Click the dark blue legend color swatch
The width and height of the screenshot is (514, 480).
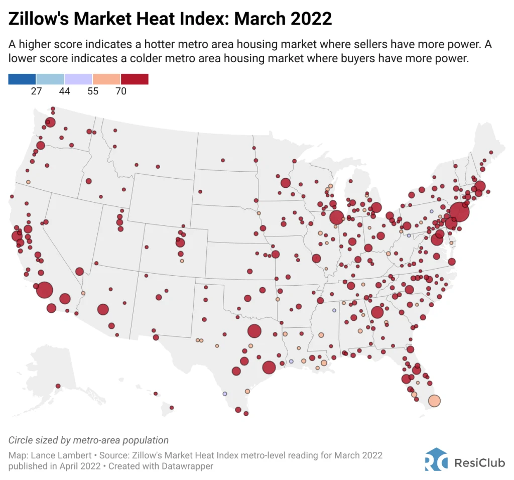click(22, 79)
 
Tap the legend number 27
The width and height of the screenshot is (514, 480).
click(36, 91)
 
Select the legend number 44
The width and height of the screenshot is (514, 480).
click(64, 91)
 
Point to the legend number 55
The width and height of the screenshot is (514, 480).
click(92, 91)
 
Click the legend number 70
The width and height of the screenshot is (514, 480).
click(120, 91)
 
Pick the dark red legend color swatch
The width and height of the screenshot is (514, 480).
click(135, 79)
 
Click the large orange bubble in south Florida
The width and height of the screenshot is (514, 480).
click(434, 401)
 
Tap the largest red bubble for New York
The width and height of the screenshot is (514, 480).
click(459, 212)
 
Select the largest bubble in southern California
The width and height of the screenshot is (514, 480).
click(45, 290)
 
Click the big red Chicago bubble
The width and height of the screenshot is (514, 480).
click(336, 217)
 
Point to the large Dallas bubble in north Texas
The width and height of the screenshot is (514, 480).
click(254, 331)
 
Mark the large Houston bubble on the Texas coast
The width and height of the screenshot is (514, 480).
click(269, 367)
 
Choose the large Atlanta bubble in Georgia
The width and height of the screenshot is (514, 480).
click(377, 312)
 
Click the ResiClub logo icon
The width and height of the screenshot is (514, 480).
click(436, 459)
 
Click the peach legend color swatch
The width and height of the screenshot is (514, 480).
click(106, 79)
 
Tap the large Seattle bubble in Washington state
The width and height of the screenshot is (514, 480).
click(50, 122)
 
